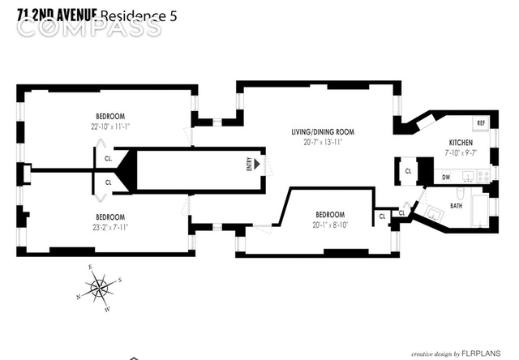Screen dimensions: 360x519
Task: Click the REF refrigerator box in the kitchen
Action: tap(481, 123)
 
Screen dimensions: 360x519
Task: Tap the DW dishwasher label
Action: tap(446, 176)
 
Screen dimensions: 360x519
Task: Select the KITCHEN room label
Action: tap(461, 144)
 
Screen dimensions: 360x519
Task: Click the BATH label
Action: tap(457, 206)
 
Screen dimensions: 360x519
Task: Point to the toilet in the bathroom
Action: tap(460, 192)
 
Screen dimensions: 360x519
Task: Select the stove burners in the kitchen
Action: tap(483, 175)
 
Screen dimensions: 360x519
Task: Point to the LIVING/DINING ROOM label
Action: tap(324, 131)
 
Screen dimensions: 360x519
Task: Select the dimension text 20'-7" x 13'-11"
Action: tap(324, 142)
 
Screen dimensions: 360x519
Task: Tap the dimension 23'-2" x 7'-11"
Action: tap(110, 227)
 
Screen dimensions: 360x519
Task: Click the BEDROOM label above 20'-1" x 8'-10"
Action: tap(331, 215)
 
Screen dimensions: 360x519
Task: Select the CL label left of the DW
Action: tap(408, 171)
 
